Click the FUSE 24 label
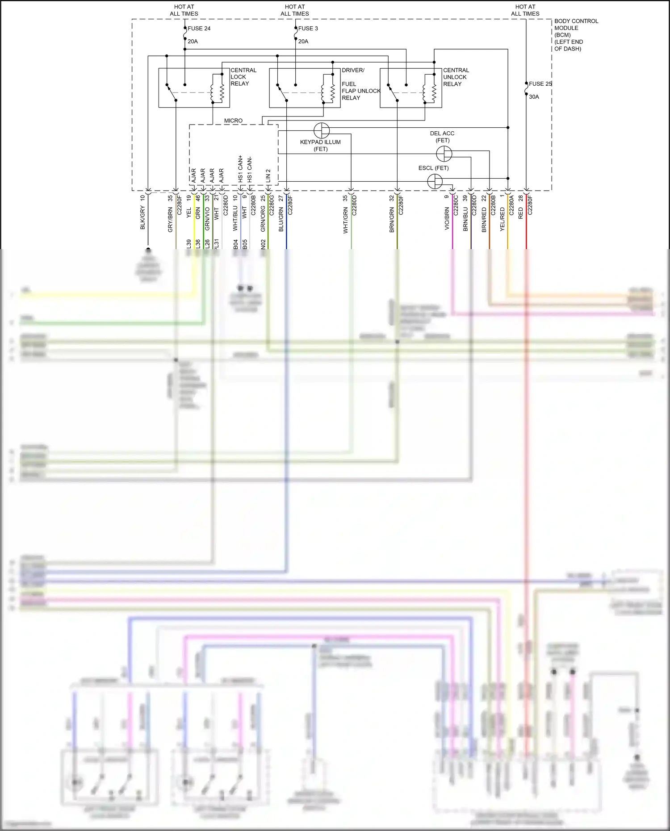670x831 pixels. coord(199,29)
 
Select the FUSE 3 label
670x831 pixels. coord(308,29)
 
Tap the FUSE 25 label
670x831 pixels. coord(540,84)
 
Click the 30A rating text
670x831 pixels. coord(534,97)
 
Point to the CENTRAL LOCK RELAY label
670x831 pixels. coord(243,77)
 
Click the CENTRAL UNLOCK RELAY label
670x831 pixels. coord(456,77)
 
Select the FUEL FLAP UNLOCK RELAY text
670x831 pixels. coord(361,91)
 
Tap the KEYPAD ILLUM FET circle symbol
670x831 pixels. coord(322,130)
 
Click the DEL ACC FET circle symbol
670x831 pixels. coord(444,154)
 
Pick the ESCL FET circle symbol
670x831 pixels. coord(435,181)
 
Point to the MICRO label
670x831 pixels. coord(233,121)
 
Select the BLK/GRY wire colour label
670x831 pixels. coord(143,218)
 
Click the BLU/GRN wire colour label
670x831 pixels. coord(281,219)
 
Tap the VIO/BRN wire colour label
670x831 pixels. coord(447,218)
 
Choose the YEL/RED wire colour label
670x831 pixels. coord(502,219)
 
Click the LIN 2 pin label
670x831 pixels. coord(268,175)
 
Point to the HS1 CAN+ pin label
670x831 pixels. coord(240,169)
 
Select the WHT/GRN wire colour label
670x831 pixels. coord(345,221)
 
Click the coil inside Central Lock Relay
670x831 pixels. coord(217,88)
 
